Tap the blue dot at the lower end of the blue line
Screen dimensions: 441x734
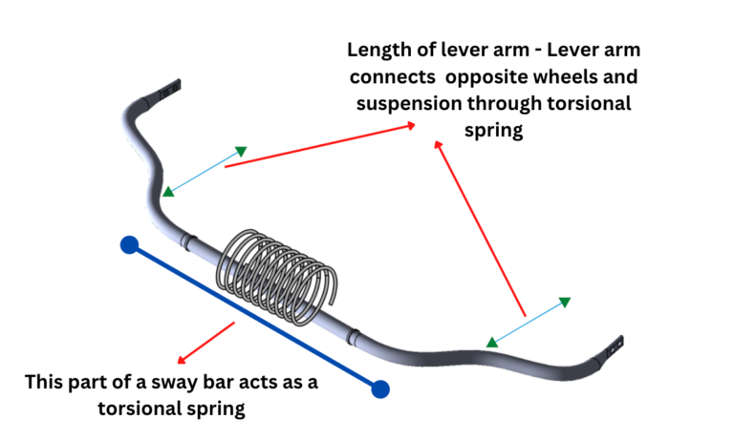(380, 388)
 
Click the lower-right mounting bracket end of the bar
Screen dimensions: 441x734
(614, 349)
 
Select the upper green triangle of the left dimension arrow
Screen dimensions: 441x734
(242, 151)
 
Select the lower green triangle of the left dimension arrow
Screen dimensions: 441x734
(168, 192)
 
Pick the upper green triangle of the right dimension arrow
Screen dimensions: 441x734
(565, 303)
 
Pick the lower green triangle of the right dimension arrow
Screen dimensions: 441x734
(491, 342)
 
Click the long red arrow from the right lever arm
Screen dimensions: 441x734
(480, 229)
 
